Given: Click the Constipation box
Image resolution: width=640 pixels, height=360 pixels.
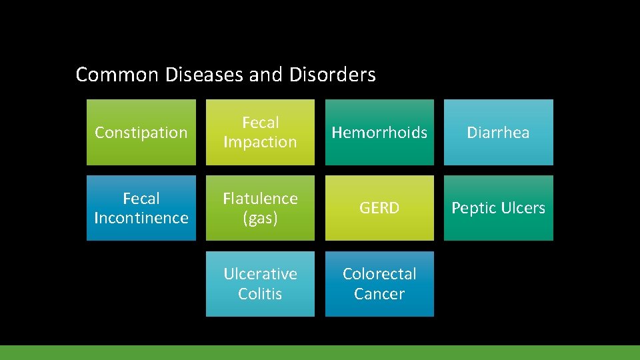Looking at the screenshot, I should (x=141, y=132).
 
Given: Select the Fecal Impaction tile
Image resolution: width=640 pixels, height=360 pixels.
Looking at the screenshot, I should (x=260, y=132).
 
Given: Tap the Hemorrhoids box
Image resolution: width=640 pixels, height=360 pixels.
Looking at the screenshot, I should (x=379, y=132).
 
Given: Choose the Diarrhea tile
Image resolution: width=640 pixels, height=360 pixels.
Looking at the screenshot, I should (x=498, y=132).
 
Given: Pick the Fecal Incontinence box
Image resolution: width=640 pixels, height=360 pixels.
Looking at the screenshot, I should (x=141, y=208).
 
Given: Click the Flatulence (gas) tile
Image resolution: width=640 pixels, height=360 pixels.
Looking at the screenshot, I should (x=260, y=208).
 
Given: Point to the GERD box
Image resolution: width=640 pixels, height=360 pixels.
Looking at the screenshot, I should (x=379, y=208).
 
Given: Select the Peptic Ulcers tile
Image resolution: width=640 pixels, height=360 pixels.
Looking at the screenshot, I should (x=498, y=208).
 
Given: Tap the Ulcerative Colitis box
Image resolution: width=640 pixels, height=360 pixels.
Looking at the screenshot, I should (x=260, y=283).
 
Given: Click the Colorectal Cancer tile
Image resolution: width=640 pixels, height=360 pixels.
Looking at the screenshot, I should (x=379, y=283).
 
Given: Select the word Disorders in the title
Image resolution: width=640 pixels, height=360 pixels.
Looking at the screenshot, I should (x=333, y=75).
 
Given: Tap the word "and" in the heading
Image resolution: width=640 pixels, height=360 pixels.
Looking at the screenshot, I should (x=265, y=75).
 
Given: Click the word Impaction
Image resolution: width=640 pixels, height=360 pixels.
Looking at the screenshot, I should (x=260, y=142).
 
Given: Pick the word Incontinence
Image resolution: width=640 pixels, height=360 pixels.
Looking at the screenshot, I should (x=141, y=218).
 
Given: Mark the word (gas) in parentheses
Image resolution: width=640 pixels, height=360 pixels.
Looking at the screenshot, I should (x=260, y=218).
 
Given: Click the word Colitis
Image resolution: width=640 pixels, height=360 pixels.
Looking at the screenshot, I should (x=260, y=293).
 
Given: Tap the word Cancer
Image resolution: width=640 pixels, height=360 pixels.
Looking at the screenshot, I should (x=379, y=293).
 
